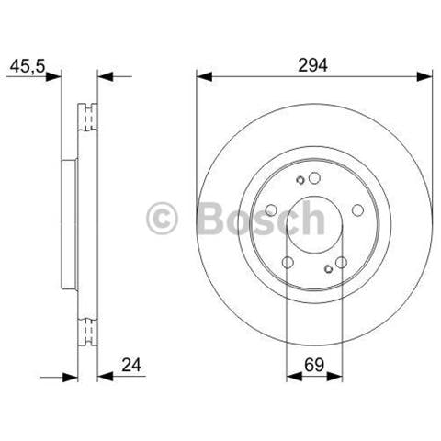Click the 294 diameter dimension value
pos(312,65)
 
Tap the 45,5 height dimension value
pos(28,66)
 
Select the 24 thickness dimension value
pos(131,365)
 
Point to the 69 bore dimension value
pos(314,365)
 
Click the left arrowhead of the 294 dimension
pos(204,76)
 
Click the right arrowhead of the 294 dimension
pos(424,76)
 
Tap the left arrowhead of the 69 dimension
pos(294,377)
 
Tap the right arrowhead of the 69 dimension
pos(334,377)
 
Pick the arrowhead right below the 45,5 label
pos(53,76)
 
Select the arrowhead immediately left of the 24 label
pos(106,377)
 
